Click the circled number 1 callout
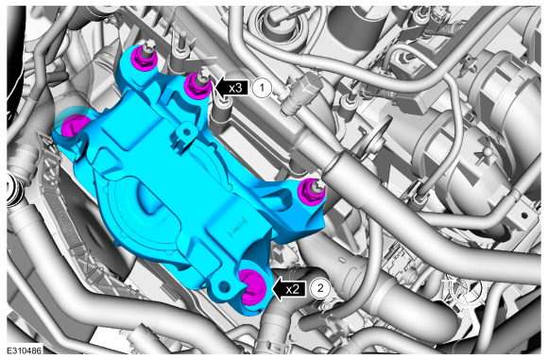click(262, 88)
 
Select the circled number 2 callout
click(319, 288)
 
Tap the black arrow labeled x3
click(231, 88)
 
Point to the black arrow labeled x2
click(289, 288)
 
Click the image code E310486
click(25, 351)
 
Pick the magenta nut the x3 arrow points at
click(197, 86)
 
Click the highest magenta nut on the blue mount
click(146, 58)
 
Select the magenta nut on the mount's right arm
click(311, 192)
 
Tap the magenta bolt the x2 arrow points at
click(252, 287)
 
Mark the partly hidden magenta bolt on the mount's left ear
click(74, 126)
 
